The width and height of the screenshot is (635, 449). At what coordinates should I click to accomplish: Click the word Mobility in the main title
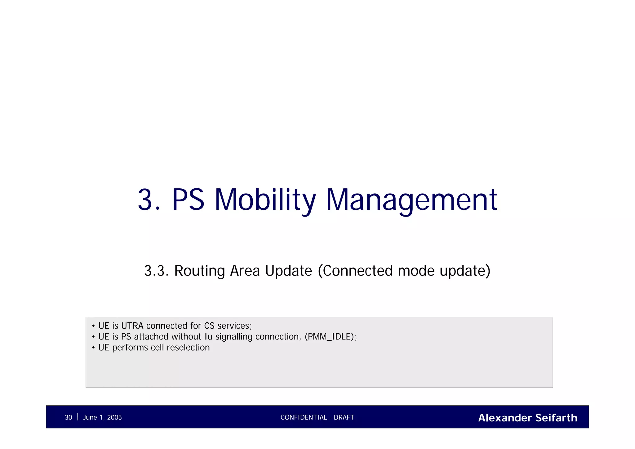click(x=265, y=200)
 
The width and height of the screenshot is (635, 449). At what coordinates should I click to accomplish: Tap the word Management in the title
click(x=412, y=200)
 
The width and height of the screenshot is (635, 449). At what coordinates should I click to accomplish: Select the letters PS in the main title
click(x=188, y=200)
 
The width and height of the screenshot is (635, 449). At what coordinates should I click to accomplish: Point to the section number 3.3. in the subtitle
click(x=156, y=271)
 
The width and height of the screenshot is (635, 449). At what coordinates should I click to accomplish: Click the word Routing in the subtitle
click(x=199, y=271)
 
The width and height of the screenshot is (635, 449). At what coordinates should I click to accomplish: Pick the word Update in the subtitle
click(x=288, y=271)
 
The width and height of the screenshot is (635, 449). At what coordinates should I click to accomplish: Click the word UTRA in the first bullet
click(x=132, y=326)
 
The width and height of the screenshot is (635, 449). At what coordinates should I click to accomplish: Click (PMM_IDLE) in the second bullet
click(x=330, y=337)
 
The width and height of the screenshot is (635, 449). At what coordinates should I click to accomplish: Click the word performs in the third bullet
click(x=130, y=348)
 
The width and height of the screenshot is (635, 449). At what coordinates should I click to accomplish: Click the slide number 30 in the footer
click(x=68, y=418)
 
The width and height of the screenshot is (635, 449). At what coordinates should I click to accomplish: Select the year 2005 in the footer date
click(x=114, y=418)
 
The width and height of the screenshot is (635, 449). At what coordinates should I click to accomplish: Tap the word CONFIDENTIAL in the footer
click(x=304, y=418)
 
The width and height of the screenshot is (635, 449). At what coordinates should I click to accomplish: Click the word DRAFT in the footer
click(x=344, y=418)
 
